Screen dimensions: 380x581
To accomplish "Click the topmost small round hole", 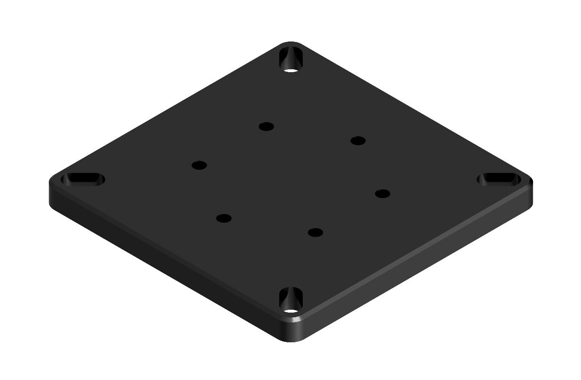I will pos(266,126).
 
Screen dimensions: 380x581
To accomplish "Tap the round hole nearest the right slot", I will pos(382,193).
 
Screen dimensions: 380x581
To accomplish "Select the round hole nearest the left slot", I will pos(199,165).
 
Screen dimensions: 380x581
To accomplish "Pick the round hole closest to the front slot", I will pos(315,232).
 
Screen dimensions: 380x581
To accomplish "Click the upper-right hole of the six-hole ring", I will pos(358,140).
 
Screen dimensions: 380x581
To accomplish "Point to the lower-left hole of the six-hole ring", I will pos(224,218).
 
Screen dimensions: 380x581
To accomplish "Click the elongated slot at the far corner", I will pos(291,58).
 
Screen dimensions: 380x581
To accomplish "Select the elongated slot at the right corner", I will pos(498,179).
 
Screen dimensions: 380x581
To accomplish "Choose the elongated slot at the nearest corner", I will pos(291,300).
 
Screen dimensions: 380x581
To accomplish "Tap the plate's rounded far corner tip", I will pos(291,43).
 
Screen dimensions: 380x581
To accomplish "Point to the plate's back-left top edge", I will pos(165,111).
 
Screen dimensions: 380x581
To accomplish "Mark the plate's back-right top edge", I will pos(414,110).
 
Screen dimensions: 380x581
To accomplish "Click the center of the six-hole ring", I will pos(291,179).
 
